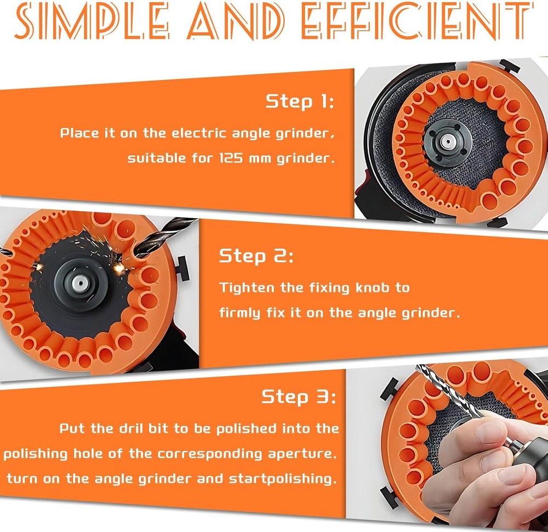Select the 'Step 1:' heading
[x=300, y=101]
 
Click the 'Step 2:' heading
[x=256, y=256]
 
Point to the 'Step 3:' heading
[x=299, y=397]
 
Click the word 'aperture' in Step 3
[x=304, y=454]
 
